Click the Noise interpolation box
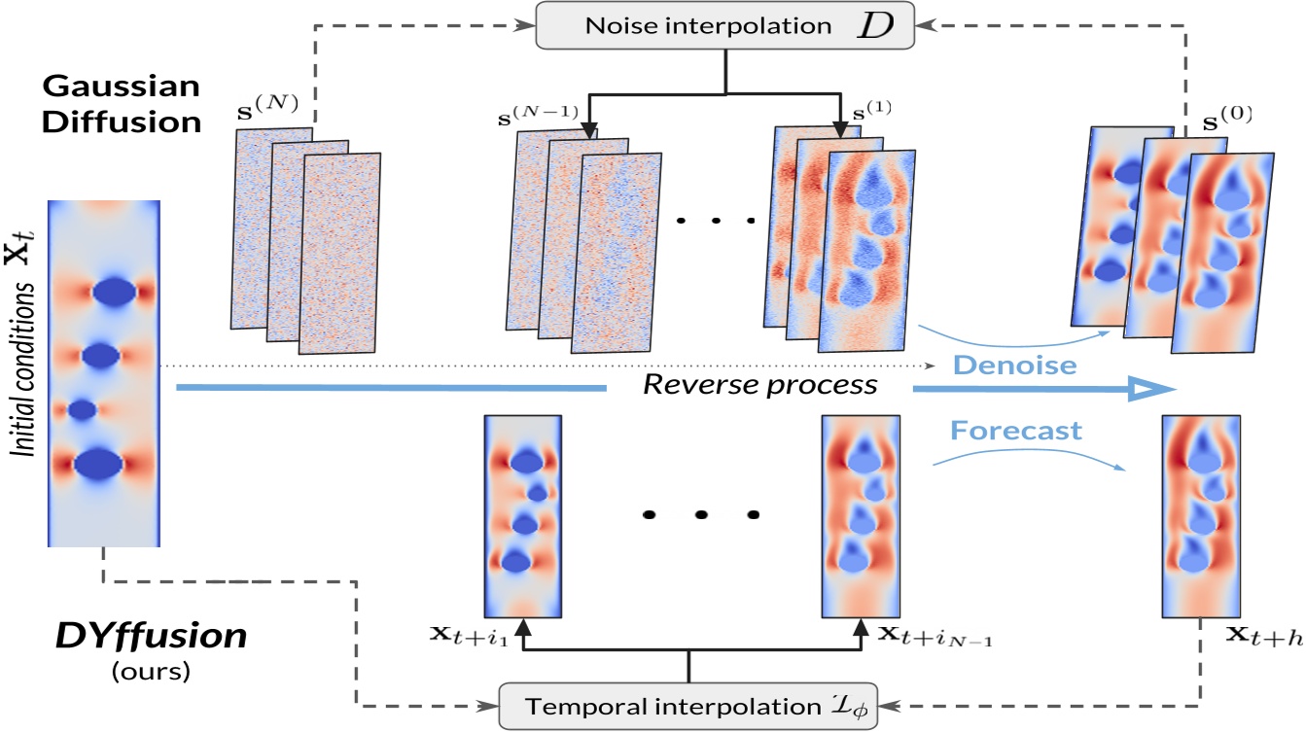[x=725, y=26]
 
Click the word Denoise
[x=1002, y=366]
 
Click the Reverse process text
[x=759, y=385]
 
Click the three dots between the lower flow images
[x=698, y=513]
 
